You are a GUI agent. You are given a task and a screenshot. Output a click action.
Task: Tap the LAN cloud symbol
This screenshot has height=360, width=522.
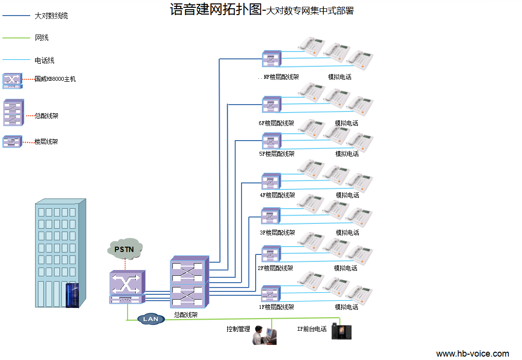pyautogui.click(x=151, y=319)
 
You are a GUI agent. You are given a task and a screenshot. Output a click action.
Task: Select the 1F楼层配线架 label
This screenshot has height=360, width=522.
pyautogui.click(x=276, y=307)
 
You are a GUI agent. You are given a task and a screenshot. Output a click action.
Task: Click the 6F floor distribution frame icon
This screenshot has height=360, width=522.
pyautogui.click(x=271, y=105)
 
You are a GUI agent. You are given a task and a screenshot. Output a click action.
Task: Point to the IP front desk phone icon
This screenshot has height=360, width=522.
pyautogui.click(x=341, y=331)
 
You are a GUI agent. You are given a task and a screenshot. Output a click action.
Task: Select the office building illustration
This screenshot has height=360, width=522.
pyautogui.click(x=60, y=253)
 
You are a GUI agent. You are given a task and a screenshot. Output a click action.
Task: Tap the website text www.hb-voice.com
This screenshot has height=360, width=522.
pyautogui.click(x=472, y=354)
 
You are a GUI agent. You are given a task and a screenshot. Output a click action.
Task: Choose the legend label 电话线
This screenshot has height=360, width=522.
pyautogui.click(x=44, y=60)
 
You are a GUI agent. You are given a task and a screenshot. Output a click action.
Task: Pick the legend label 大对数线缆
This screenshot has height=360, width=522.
pyautogui.click(x=51, y=16)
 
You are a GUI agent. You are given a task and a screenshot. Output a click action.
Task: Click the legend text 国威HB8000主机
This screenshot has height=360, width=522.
pyautogui.click(x=55, y=79)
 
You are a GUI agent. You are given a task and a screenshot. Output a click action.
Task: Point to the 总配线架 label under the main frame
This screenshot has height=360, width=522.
pyautogui.click(x=186, y=315)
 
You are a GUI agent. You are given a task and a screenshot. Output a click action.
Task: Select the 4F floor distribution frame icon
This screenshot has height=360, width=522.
pyautogui.click(x=271, y=181)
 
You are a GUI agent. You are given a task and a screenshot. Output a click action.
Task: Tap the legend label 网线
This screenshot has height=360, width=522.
pyautogui.click(x=42, y=37)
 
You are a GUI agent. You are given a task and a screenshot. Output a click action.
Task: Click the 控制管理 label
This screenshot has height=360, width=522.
pyautogui.click(x=238, y=329)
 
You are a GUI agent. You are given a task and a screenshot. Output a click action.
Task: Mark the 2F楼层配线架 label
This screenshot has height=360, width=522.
pyautogui.click(x=276, y=268)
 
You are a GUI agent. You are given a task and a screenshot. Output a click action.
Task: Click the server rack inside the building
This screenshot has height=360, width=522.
pyautogui.click(x=73, y=295)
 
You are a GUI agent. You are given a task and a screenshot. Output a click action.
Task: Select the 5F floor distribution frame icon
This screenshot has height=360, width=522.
pyautogui.click(x=271, y=141)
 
